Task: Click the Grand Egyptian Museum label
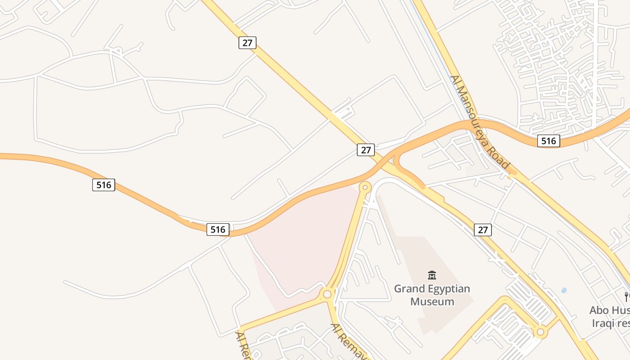pyautogui.click(x=432, y=295)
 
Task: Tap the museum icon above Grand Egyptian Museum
pyautogui.click(x=432, y=274)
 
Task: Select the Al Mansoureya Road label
pyautogui.click(x=480, y=122)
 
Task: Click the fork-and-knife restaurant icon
pyautogui.click(x=626, y=297)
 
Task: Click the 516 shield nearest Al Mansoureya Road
pyautogui.click(x=549, y=141)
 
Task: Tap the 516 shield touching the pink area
pyautogui.click(x=218, y=229)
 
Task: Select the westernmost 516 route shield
pyautogui.click(x=103, y=184)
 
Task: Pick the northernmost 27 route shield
pyautogui.click(x=247, y=43)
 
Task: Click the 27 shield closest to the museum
pyautogui.click(x=482, y=230)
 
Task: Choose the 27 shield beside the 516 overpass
pyautogui.click(x=365, y=150)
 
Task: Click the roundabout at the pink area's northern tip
pyautogui.click(x=365, y=187)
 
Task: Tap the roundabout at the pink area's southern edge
pyautogui.click(x=327, y=294)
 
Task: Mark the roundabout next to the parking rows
pyautogui.click(x=540, y=333)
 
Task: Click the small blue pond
pyautogui.click(x=564, y=290)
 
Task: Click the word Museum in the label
pyautogui.click(x=432, y=301)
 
